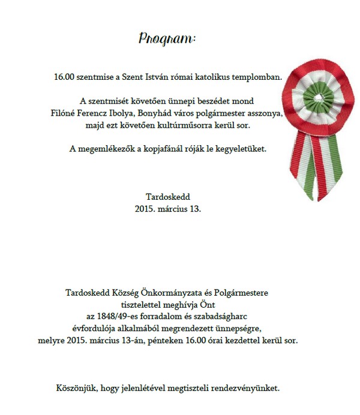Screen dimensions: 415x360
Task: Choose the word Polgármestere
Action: pyautogui.click(x=241, y=293)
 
